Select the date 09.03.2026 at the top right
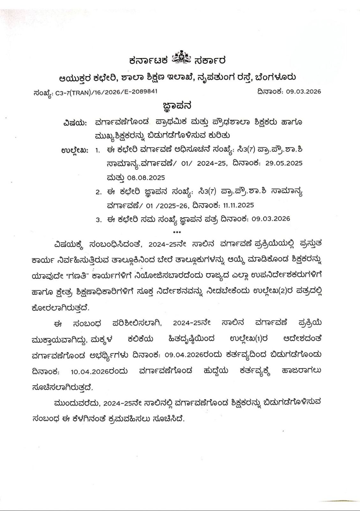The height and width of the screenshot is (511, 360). [303, 92]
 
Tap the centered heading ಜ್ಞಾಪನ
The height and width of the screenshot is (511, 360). [177, 106]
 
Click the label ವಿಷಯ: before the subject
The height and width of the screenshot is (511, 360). [75, 123]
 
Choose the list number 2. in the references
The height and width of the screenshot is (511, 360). [98, 192]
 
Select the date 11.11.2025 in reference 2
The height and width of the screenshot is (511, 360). [237, 205]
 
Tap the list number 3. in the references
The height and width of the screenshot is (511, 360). [98, 220]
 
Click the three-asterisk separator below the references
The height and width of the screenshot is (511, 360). [176, 232]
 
